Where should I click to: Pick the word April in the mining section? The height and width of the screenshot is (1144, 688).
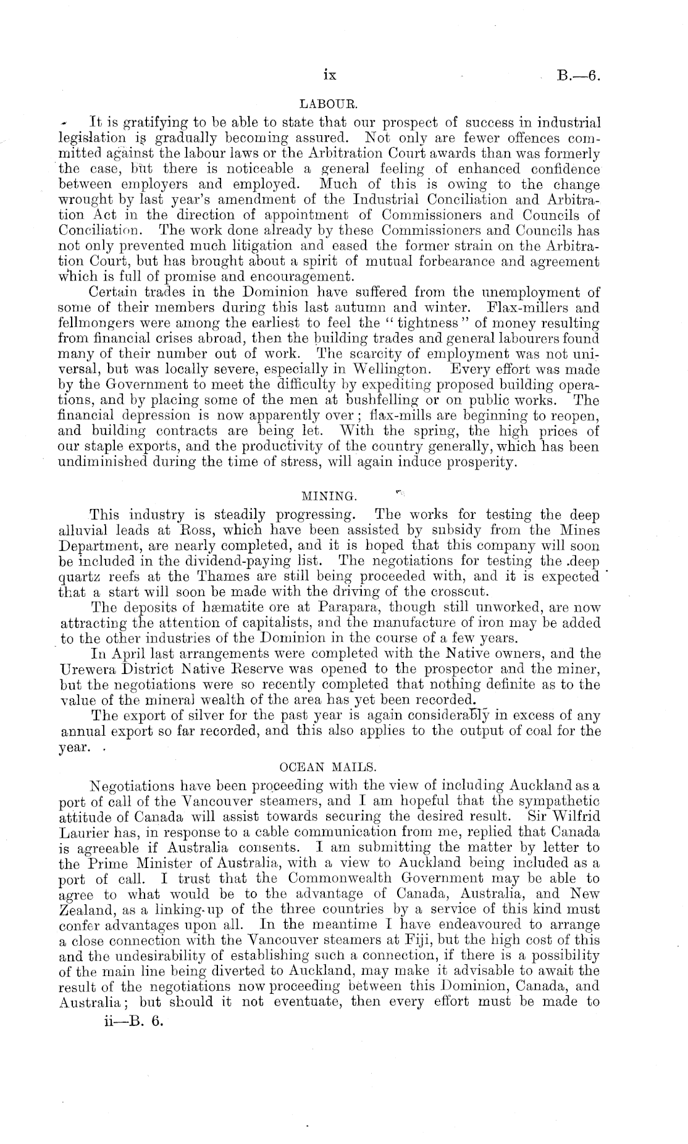tap(126, 654)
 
